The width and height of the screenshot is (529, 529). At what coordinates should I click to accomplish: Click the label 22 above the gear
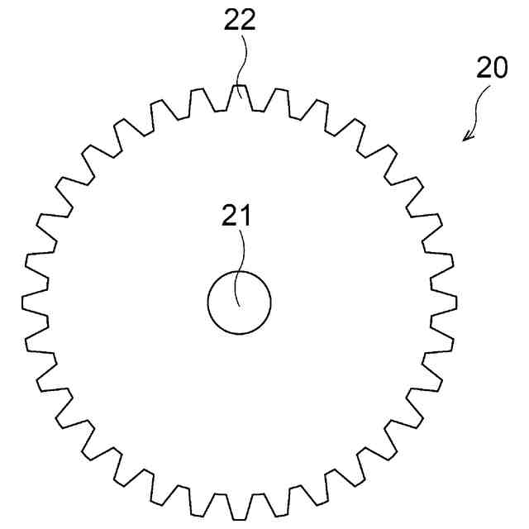[x=240, y=20]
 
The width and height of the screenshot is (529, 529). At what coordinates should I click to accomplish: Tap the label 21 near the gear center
[x=236, y=215]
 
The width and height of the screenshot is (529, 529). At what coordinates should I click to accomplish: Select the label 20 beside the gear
[x=492, y=68]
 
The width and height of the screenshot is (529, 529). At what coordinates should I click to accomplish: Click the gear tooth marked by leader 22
[x=240, y=98]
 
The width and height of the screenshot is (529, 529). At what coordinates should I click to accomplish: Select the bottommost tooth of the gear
[x=240, y=507]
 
